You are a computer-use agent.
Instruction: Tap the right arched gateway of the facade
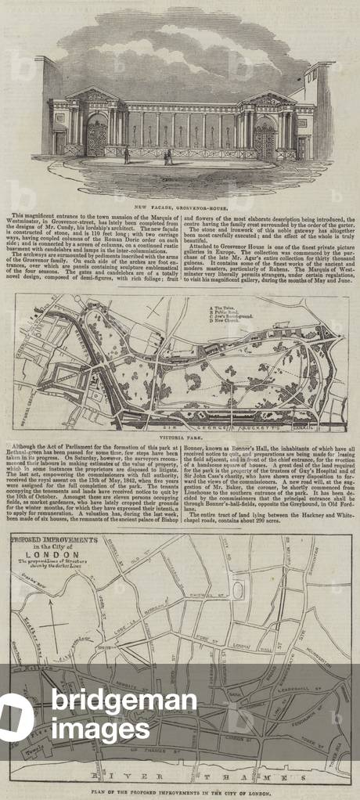click(264, 139)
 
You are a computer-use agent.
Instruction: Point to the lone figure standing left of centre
click(127, 155)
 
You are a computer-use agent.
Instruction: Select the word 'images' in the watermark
click(100, 729)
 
